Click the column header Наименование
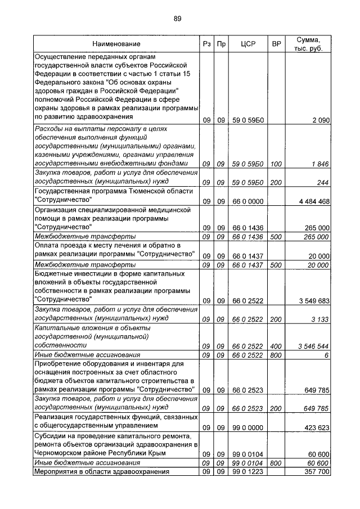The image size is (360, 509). (x=117, y=44)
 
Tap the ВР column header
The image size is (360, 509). (x=276, y=44)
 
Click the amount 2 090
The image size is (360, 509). (x=319, y=120)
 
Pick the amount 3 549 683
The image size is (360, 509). (x=312, y=301)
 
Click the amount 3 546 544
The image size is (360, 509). (x=312, y=346)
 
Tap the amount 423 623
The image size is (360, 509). (x=316, y=428)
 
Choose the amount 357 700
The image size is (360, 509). (x=316, y=472)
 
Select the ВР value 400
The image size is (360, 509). (x=276, y=346)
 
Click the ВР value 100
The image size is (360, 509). (x=276, y=164)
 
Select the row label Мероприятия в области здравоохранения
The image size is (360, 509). (x=102, y=472)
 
